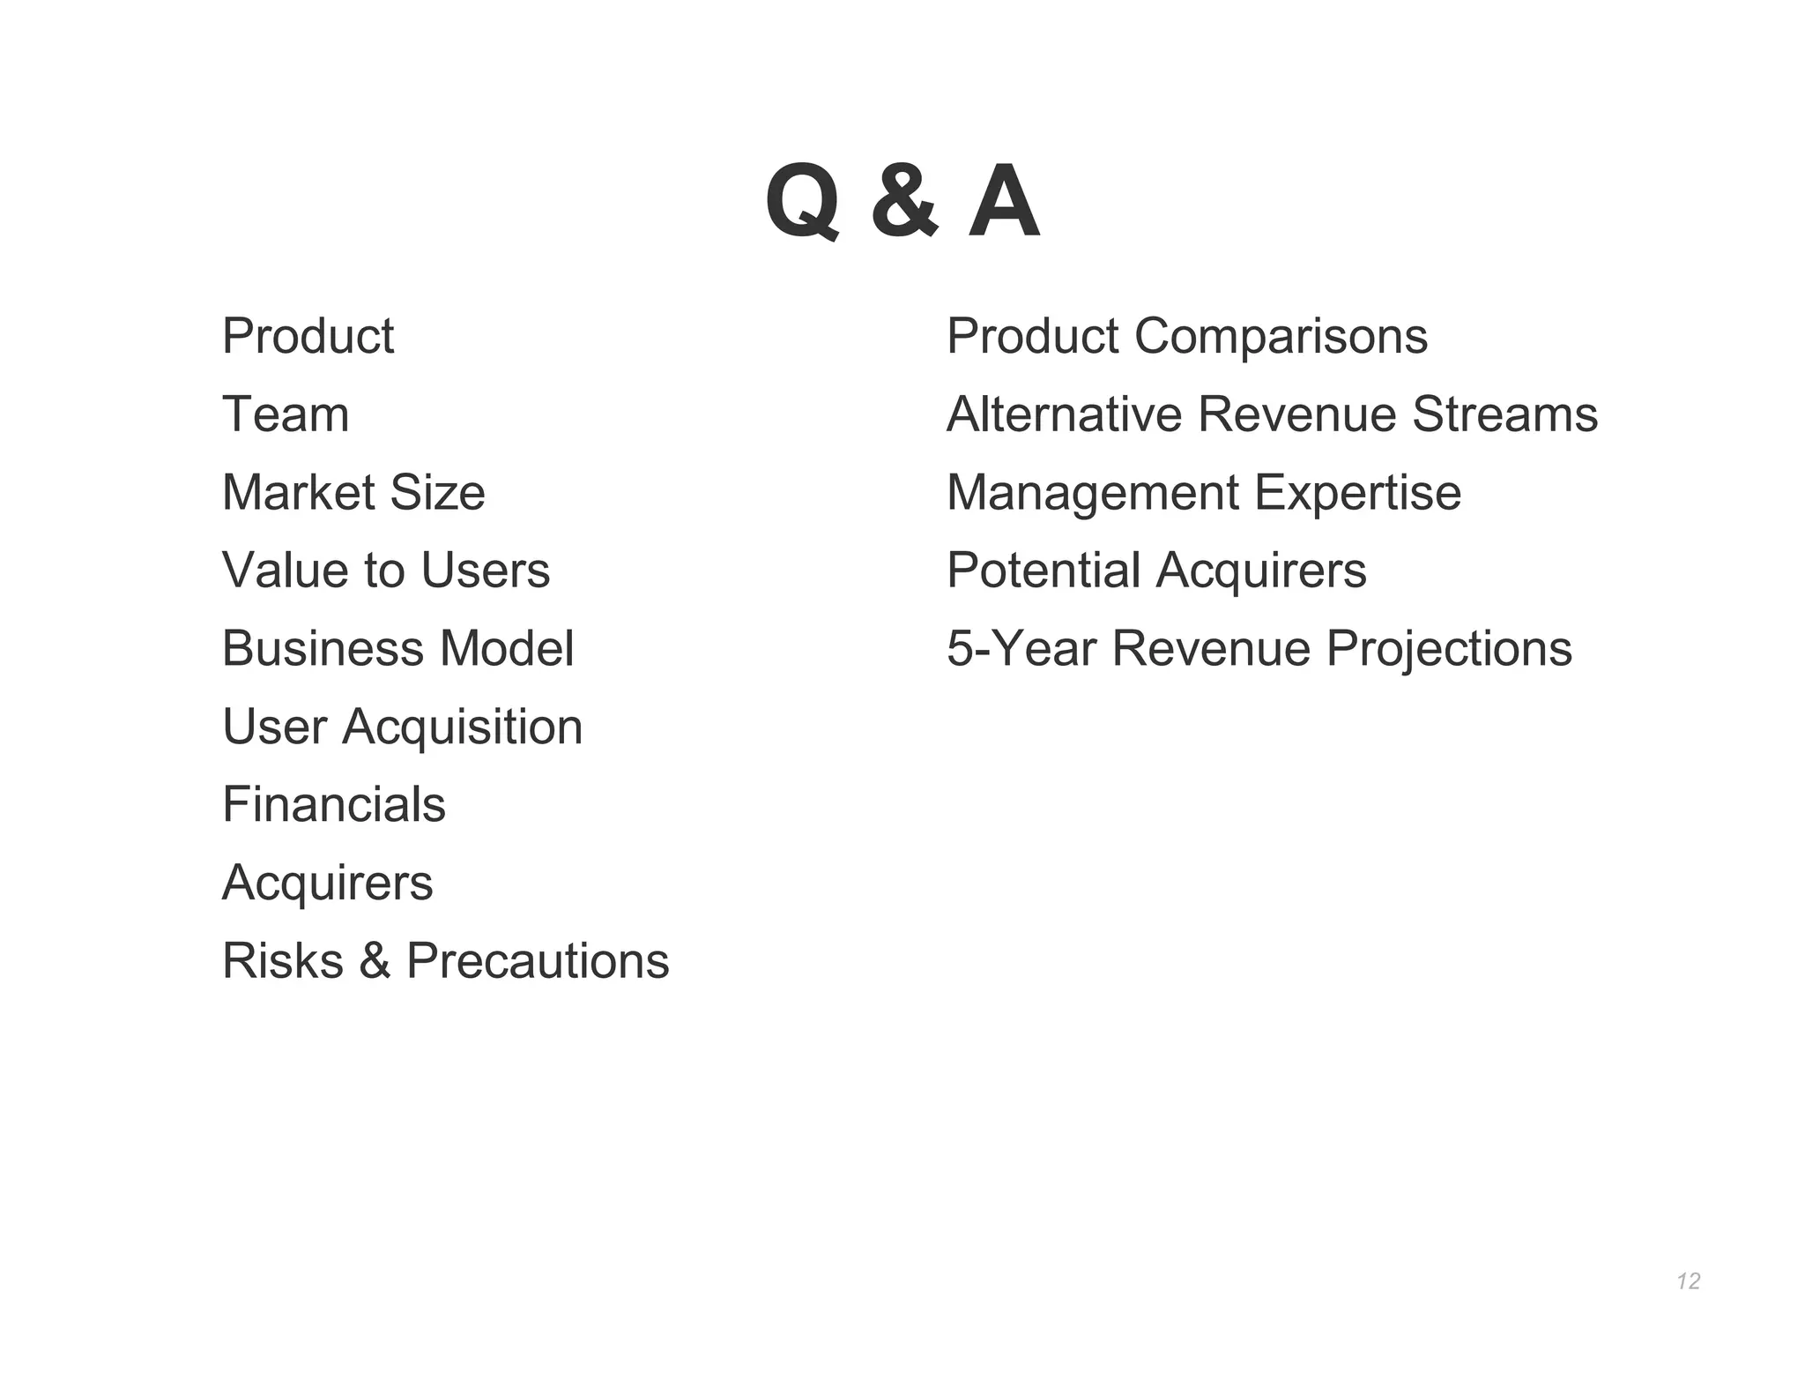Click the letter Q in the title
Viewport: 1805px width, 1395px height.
point(802,202)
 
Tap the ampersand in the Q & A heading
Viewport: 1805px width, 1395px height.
point(904,202)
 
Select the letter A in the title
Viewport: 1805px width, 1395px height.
point(1004,202)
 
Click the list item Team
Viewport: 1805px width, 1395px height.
point(286,414)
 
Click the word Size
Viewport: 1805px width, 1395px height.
point(437,492)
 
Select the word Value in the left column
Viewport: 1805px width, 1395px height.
point(286,571)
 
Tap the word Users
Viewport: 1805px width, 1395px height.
point(486,571)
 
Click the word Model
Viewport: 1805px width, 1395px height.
point(507,649)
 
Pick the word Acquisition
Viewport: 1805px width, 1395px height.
point(463,727)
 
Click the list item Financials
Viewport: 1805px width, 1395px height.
point(334,804)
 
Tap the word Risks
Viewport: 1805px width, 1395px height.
point(283,960)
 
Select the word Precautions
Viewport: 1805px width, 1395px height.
point(538,960)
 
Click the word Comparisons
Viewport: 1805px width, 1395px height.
point(1281,337)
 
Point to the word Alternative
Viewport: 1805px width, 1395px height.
point(1064,414)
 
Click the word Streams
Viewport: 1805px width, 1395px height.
point(1504,414)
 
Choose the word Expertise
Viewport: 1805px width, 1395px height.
point(1357,493)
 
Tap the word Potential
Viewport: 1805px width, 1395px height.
point(1044,571)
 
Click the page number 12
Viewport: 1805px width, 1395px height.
point(1689,1281)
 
